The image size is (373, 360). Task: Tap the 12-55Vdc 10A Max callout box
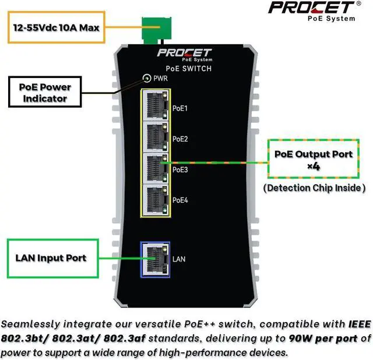57,26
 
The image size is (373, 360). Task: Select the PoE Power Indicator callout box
45,93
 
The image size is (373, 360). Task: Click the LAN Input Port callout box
50,258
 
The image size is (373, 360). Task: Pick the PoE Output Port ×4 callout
314,159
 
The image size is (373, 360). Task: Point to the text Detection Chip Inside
314,188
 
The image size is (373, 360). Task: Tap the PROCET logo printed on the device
184,54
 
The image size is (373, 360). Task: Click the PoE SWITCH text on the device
184,69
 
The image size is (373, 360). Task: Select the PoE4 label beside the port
180,200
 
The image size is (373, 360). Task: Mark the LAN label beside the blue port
179,258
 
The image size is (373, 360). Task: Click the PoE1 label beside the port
180,108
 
